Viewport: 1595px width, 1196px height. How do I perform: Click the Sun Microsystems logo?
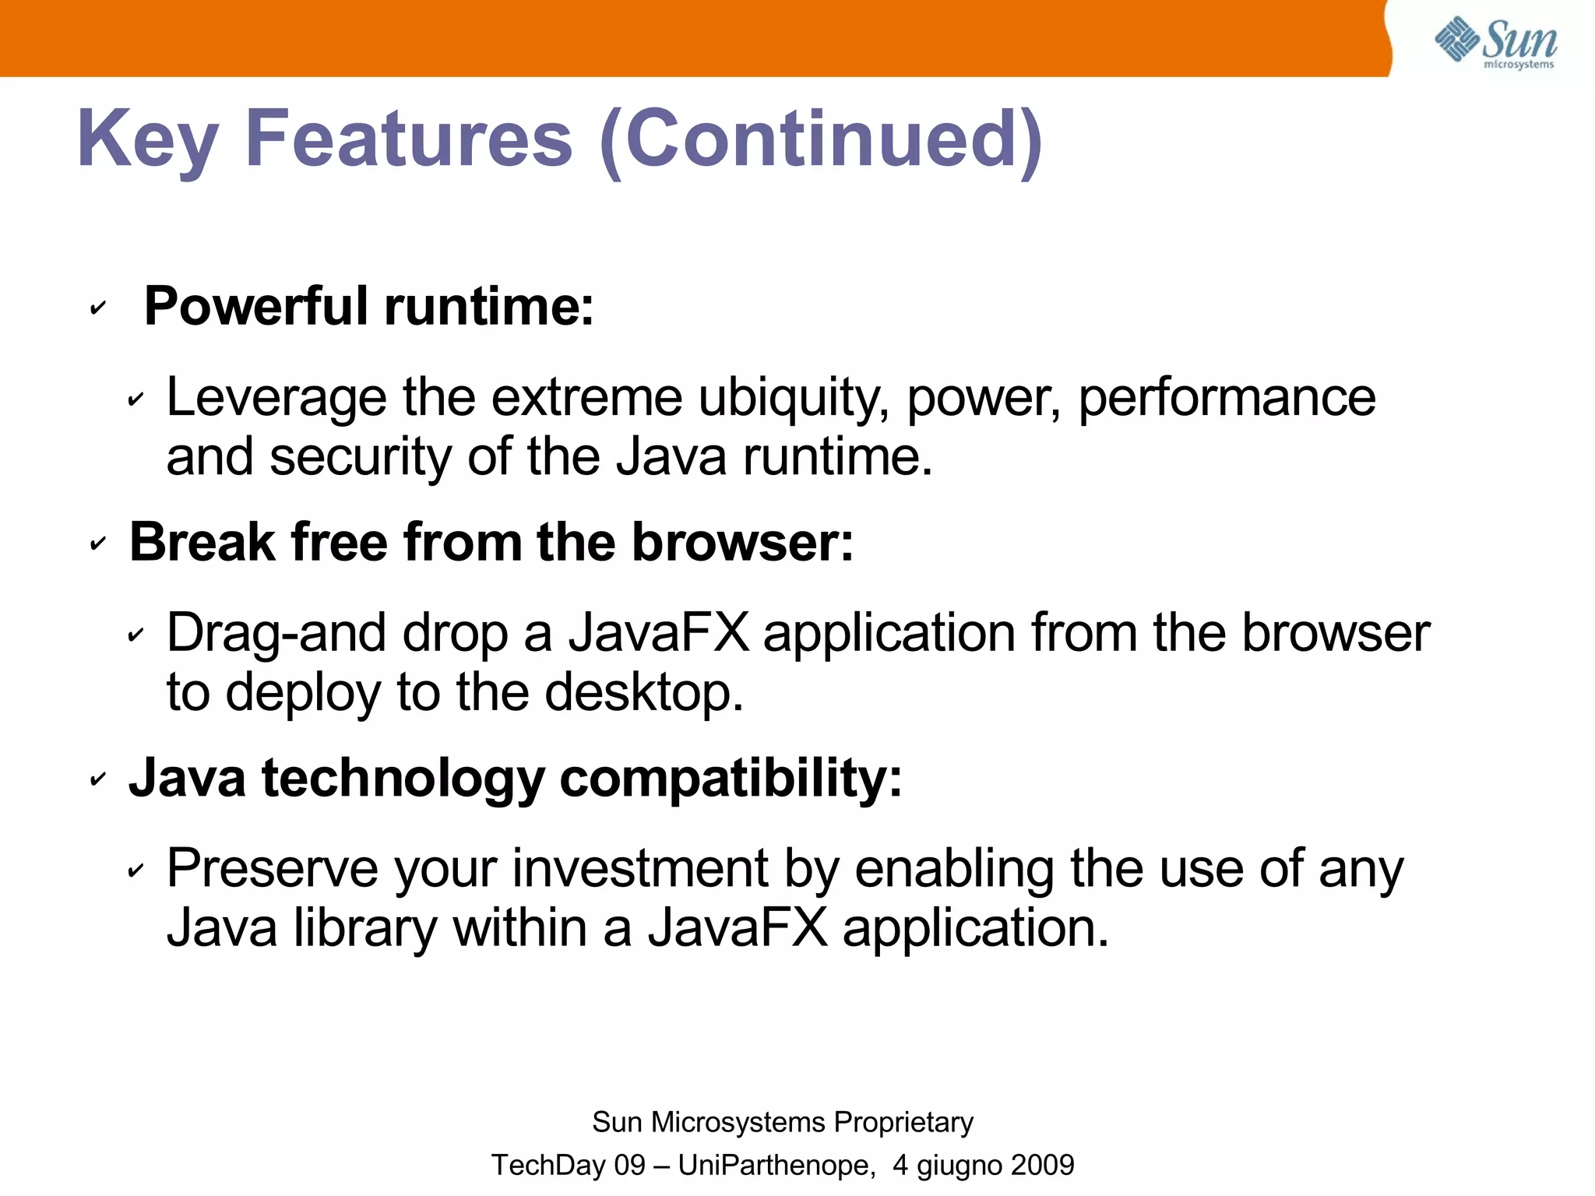click(x=1495, y=43)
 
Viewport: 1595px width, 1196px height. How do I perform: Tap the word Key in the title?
click(x=147, y=140)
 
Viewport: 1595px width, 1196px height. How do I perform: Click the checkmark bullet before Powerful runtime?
click(x=97, y=308)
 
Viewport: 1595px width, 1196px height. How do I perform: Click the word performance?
click(x=1227, y=399)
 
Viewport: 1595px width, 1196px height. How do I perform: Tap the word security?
click(x=359, y=457)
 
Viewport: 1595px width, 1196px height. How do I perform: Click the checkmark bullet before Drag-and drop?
click(x=136, y=635)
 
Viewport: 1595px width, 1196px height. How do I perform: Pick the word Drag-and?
click(x=276, y=633)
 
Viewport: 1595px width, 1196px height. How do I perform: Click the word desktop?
click(x=643, y=692)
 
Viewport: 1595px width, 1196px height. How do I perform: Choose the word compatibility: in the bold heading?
click(x=731, y=778)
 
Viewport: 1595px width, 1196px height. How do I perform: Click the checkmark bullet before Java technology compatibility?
click(x=97, y=779)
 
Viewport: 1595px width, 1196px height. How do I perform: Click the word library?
click(x=364, y=928)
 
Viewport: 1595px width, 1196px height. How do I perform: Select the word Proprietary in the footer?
click(x=903, y=1122)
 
